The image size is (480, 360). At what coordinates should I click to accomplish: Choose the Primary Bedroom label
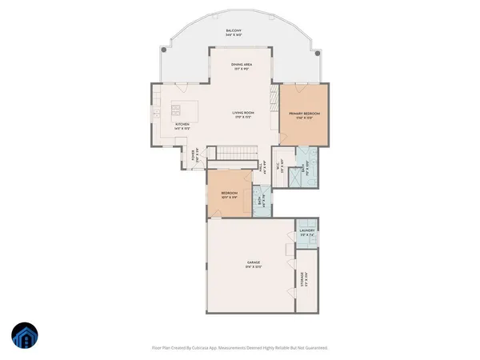304,115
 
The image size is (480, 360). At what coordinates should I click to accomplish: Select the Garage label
254,264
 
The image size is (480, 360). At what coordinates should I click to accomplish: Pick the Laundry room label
307,234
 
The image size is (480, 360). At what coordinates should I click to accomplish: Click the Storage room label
302,279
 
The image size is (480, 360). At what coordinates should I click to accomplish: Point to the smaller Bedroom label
228,194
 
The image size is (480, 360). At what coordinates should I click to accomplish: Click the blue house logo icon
25,336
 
